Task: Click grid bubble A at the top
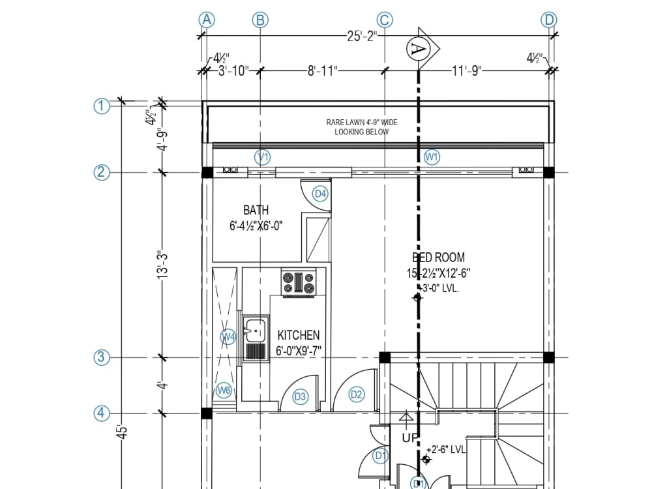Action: (206, 20)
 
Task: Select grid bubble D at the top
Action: (549, 20)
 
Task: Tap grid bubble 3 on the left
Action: (101, 357)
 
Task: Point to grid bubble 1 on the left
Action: (101, 106)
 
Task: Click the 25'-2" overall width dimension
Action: (362, 37)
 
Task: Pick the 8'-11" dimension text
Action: (322, 71)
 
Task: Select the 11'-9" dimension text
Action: (466, 71)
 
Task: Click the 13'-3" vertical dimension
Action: (163, 265)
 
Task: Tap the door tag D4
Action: (320, 194)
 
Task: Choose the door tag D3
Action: (300, 396)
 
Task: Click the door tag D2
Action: (356, 394)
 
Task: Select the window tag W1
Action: (432, 157)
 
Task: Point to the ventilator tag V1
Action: (263, 157)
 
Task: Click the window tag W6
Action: (224, 391)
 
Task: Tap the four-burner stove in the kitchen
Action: (299, 282)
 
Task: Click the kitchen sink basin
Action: (255, 329)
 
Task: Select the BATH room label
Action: (256, 210)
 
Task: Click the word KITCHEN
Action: (299, 335)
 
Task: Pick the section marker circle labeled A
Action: (418, 48)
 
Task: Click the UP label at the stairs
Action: (409, 437)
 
